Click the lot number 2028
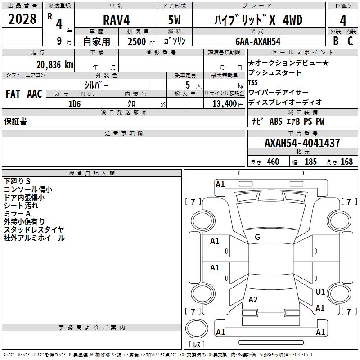(22, 19)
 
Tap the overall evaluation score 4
(343, 20)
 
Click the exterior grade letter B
(335, 41)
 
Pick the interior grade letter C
(350, 41)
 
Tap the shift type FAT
(13, 94)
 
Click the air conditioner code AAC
(34, 94)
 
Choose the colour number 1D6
(74, 103)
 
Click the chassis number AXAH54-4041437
(302, 143)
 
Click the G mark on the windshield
(257, 237)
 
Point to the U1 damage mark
(320, 292)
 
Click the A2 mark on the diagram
(253, 300)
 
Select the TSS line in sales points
(253, 82)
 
